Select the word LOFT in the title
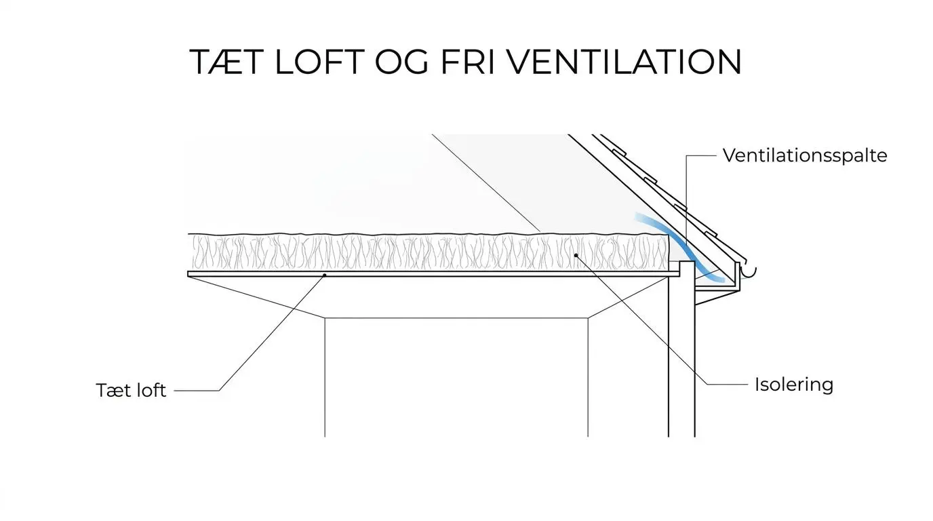pyautogui.click(x=319, y=62)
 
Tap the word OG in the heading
pyautogui.click(x=401, y=62)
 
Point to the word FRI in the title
pyautogui.click(x=467, y=62)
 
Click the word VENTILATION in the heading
pyautogui.click(x=624, y=62)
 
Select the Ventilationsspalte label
pyautogui.click(x=805, y=155)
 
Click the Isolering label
pyautogui.click(x=794, y=384)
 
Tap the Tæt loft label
pyautogui.click(x=132, y=390)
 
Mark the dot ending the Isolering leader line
pyautogui.click(x=576, y=255)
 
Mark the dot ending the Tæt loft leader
pyautogui.click(x=325, y=275)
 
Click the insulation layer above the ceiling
pyautogui.click(x=429, y=252)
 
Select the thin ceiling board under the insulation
pyautogui.click(x=433, y=274)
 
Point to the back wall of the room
pyautogui.click(x=456, y=377)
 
